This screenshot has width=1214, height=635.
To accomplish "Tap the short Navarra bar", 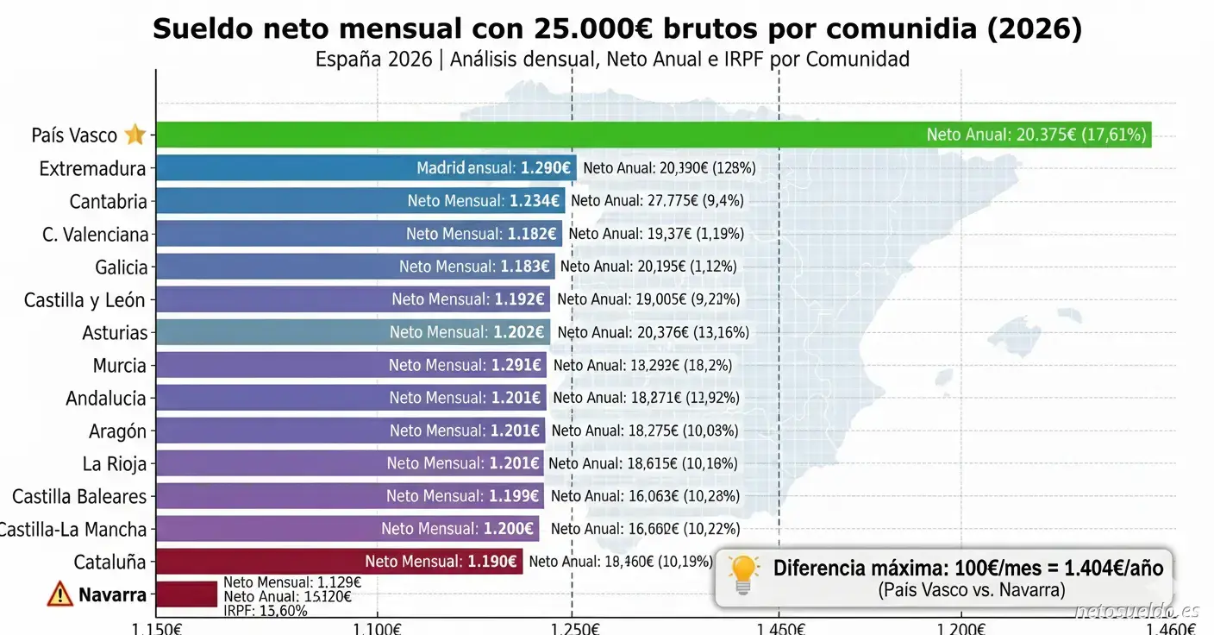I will click(186, 594).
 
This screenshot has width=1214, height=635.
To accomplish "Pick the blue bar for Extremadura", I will click(285, 167).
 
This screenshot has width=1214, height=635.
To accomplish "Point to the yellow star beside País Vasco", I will click(135, 135).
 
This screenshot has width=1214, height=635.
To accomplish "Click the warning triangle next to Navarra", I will click(60, 594).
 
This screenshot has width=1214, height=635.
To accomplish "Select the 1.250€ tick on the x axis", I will click(572, 627).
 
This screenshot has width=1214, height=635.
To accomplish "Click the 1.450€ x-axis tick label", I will click(779, 627).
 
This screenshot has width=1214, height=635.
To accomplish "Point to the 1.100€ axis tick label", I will click(378, 627).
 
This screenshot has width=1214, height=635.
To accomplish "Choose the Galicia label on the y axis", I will click(122, 267).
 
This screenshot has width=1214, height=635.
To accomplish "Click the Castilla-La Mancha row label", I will click(73, 529).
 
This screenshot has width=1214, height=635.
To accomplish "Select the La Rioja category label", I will click(115, 464).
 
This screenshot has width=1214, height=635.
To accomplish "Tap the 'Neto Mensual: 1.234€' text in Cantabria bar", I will click(484, 201).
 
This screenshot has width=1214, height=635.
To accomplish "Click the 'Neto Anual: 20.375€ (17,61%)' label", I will click(1036, 135).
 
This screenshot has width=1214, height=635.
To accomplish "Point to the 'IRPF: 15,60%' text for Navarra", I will click(265, 611).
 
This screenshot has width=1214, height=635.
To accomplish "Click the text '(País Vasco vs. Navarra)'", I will click(972, 591).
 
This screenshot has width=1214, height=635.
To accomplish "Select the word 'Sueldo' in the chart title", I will click(203, 29).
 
